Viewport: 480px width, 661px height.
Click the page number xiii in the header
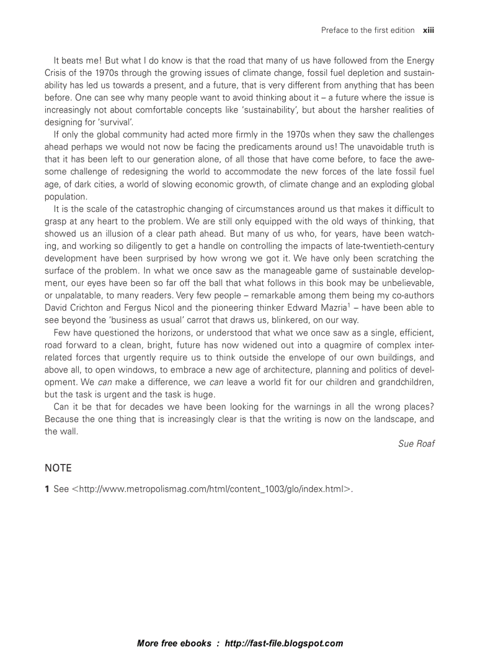click(x=428, y=30)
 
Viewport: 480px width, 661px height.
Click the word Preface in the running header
click(x=335, y=30)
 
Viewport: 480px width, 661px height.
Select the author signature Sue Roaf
click(x=416, y=443)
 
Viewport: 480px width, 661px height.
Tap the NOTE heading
click(x=58, y=468)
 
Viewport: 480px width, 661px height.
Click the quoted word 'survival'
click(x=118, y=122)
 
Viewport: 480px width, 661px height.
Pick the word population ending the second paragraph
click(x=66, y=197)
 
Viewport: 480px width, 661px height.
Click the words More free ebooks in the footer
click(x=174, y=643)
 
